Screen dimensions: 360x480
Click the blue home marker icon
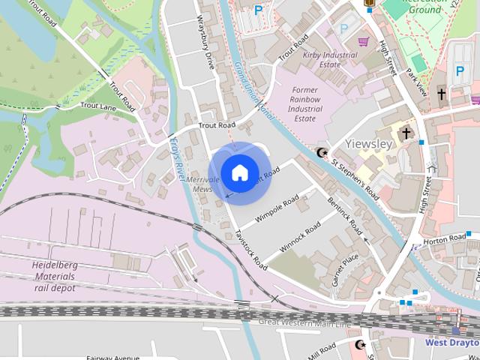(x=239, y=172)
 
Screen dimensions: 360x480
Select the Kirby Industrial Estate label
(x=330, y=60)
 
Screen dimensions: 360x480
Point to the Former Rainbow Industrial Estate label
(x=304, y=104)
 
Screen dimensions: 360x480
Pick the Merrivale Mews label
(x=202, y=184)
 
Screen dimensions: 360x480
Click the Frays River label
(x=177, y=158)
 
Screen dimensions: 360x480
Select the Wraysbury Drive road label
(x=205, y=42)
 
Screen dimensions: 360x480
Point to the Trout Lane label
(x=98, y=106)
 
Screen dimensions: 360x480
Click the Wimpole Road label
(x=277, y=208)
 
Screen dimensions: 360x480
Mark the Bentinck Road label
(x=345, y=217)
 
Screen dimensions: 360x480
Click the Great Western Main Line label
(x=304, y=322)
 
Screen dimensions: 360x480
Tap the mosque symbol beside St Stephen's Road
(x=322, y=154)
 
